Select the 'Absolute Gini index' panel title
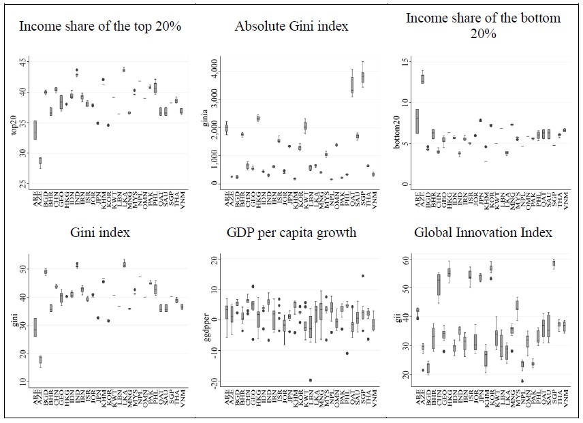coord(291,27)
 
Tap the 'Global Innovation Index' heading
coord(483,233)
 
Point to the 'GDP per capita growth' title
coord(291,233)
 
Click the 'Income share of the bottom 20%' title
coord(483,26)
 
